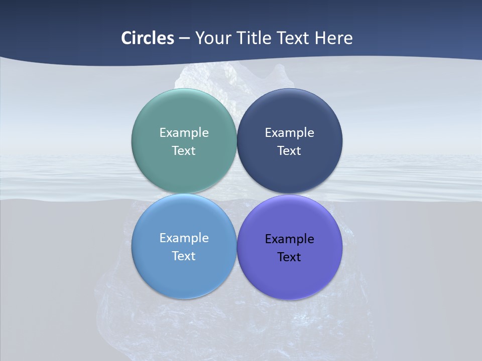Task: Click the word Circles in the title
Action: point(148,38)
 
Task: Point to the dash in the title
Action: point(184,39)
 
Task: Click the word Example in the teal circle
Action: point(184,133)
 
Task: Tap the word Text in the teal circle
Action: point(184,151)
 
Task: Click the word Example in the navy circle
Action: point(289,133)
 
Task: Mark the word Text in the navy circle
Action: point(289,151)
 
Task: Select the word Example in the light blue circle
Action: point(184,238)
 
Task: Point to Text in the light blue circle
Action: point(184,256)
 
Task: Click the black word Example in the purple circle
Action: point(289,239)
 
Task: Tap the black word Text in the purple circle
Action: point(289,257)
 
